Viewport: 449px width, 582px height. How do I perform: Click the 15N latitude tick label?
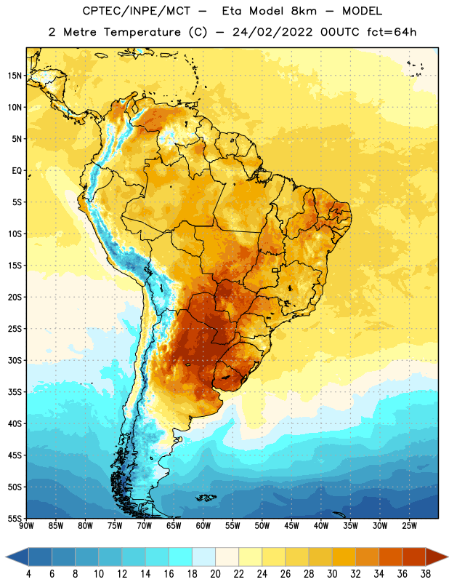(x=15, y=76)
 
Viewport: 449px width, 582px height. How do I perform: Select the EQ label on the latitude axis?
(x=17, y=171)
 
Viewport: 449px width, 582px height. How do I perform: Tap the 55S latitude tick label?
(x=15, y=518)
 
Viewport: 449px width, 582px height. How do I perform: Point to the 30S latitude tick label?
(x=15, y=360)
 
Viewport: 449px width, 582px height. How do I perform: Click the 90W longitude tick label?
(x=26, y=526)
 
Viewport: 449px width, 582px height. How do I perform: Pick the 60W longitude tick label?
(x=203, y=526)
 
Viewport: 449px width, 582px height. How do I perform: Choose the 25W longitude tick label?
(x=409, y=526)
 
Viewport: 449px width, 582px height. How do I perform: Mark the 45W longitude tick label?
(x=291, y=526)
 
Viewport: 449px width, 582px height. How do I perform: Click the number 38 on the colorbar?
(x=426, y=574)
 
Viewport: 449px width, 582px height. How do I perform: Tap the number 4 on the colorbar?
(x=28, y=574)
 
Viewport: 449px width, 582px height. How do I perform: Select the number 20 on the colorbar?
(x=215, y=574)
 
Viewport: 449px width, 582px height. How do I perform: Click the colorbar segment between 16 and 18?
(x=181, y=557)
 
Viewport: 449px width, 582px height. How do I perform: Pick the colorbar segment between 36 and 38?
(x=414, y=557)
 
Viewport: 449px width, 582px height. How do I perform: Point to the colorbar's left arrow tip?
(x=6, y=557)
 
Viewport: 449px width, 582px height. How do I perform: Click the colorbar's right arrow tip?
(x=448, y=557)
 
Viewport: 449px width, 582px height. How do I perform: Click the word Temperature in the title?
(x=142, y=32)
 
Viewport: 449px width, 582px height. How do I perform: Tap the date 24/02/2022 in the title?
(x=272, y=32)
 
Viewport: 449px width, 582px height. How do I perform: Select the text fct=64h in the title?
(x=392, y=32)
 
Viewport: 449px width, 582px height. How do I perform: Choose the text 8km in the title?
(x=304, y=11)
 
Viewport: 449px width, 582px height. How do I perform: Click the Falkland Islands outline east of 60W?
(x=206, y=498)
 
